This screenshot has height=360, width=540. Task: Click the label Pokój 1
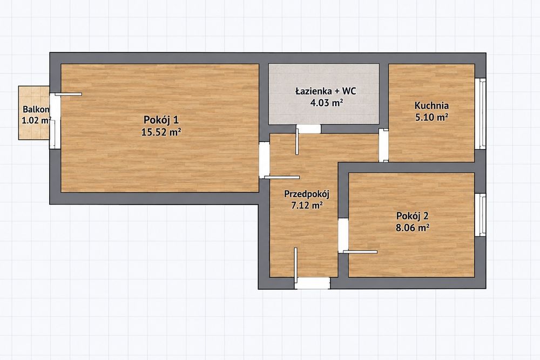[x=161, y=120]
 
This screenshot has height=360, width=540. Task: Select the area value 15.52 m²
[x=161, y=132]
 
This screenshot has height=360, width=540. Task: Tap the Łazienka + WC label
[x=326, y=91]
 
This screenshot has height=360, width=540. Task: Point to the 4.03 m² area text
[x=326, y=103]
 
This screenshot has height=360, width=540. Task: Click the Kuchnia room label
[x=431, y=105]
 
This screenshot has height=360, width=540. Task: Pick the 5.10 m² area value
[x=431, y=117]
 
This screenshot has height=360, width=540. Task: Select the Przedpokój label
[x=307, y=194]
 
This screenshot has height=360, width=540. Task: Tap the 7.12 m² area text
[x=307, y=206]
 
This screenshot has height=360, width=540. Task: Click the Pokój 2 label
[x=412, y=216]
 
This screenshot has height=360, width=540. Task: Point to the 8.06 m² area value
[x=412, y=227]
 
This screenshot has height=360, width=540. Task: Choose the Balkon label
[x=36, y=110]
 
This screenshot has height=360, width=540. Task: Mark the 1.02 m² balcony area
[x=36, y=120]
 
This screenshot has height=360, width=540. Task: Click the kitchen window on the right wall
[x=481, y=113]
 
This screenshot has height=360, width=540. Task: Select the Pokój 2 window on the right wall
[x=481, y=215]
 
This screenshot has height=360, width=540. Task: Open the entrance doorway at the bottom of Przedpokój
[x=312, y=283]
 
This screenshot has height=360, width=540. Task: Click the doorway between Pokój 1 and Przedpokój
[x=264, y=160]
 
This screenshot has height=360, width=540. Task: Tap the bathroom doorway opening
[x=309, y=128]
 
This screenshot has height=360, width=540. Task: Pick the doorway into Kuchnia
[x=383, y=145]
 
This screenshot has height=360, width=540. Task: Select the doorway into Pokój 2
[x=343, y=236]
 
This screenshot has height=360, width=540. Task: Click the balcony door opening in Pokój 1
[x=55, y=121]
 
